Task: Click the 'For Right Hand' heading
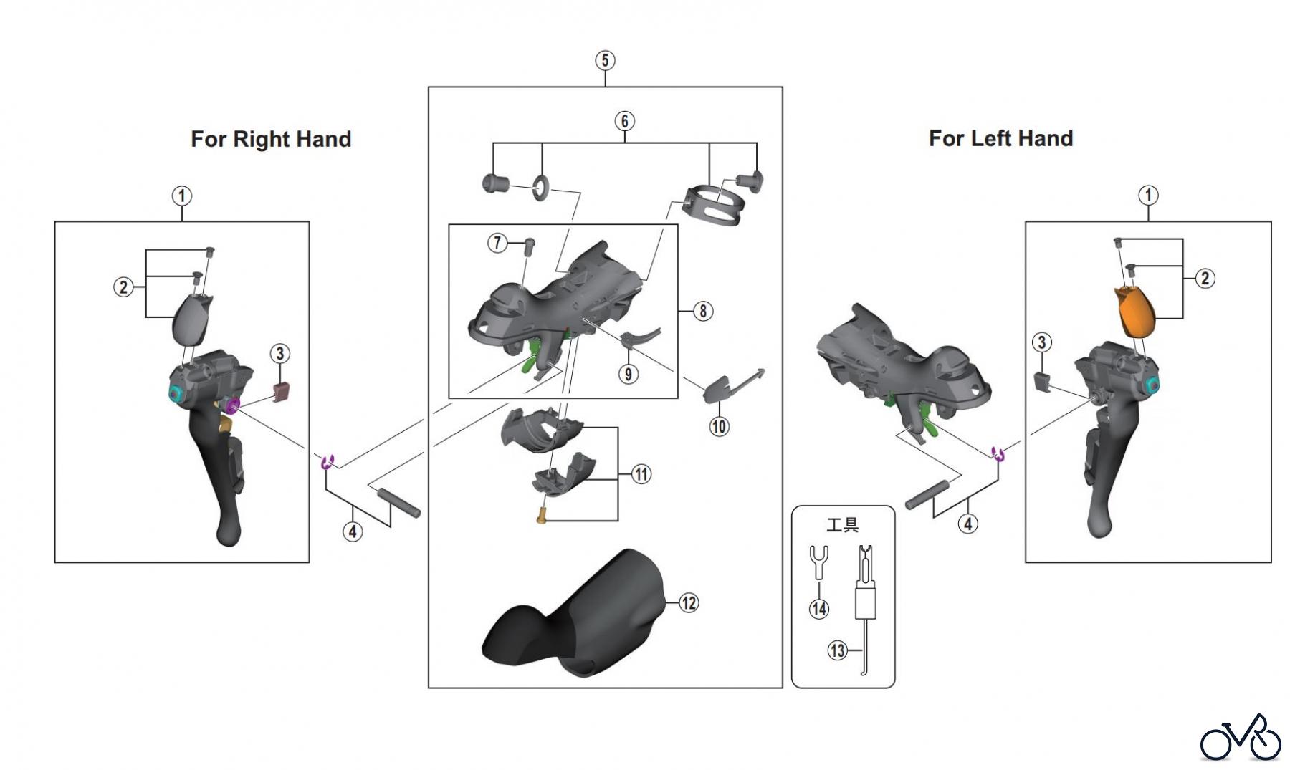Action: [271, 139]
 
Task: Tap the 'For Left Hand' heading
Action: [1000, 138]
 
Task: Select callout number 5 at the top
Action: [605, 61]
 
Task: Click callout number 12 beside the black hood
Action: [689, 603]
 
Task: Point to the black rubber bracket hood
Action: [573, 616]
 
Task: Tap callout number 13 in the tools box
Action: [837, 650]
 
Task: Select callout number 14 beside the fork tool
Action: [818, 609]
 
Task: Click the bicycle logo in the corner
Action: [1241, 738]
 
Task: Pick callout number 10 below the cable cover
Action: [719, 427]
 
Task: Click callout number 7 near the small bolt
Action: [497, 243]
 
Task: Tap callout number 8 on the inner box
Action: [703, 311]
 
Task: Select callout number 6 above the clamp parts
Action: [624, 121]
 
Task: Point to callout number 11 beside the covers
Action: [641, 474]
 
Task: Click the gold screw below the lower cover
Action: [542, 515]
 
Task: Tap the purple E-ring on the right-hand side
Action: [328, 461]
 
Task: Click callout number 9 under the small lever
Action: [628, 374]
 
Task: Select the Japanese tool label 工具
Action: [842, 526]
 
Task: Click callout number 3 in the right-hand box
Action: [279, 353]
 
